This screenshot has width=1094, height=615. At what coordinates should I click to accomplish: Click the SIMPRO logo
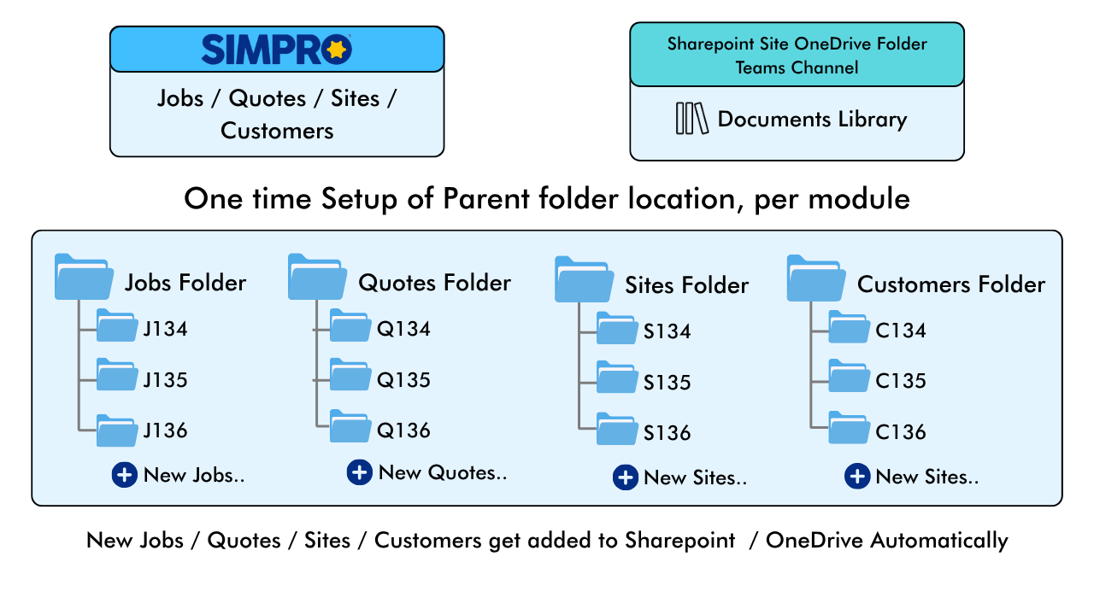pos(276,50)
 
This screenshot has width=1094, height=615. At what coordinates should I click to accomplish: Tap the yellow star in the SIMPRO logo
pos(337,50)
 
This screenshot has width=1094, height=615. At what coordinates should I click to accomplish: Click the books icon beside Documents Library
pos(692,118)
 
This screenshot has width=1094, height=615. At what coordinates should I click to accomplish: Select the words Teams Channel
pos(797,67)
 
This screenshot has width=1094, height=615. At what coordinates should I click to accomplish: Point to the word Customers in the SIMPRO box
pos(277,131)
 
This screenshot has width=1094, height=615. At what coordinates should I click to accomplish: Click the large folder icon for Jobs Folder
pos(84,276)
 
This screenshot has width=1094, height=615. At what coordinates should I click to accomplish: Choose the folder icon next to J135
pos(117,374)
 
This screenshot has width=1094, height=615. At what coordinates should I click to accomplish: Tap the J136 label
pos(165,430)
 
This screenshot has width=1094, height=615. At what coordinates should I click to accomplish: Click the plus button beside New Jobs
pos(125,475)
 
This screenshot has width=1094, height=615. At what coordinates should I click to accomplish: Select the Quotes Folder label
pos(435,283)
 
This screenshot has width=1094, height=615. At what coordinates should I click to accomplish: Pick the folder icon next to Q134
pos(350,325)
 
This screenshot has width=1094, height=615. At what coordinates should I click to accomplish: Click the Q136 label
pos(403,430)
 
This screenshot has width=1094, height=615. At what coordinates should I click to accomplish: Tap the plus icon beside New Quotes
pos(360,472)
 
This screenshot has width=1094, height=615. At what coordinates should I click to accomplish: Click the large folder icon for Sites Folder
pos(584,279)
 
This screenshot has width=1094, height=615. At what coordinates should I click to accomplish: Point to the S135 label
pos(667,383)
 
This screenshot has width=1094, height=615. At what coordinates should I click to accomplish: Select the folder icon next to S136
pos(617,429)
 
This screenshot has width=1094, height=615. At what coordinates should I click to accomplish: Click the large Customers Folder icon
pos(816,278)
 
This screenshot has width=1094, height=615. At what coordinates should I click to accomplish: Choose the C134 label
pos(901,331)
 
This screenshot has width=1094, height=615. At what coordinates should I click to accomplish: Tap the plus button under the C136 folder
pos(857,477)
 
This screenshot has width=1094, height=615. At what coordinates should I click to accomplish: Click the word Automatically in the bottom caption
pos(938,541)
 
